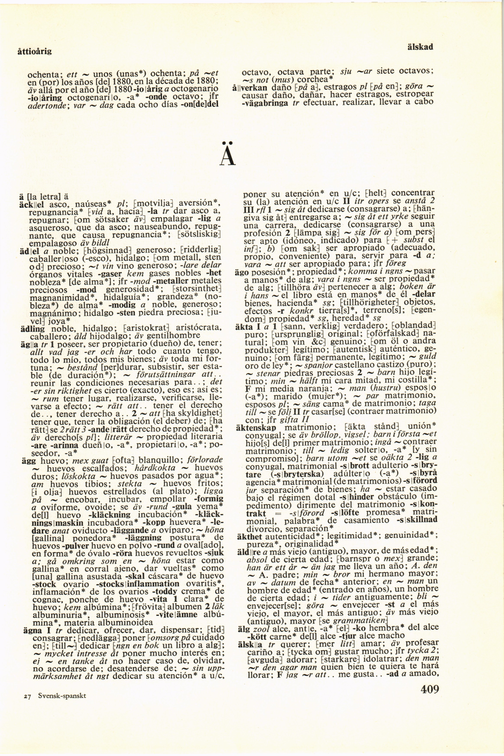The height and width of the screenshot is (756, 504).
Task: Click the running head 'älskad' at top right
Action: pyautogui.click(x=420, y=47)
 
